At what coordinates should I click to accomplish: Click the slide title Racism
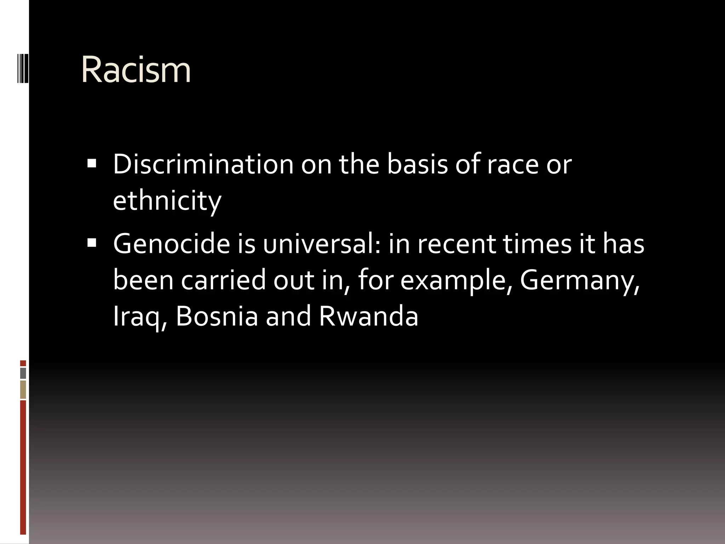click(136, 70)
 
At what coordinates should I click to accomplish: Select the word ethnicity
click(167, 200)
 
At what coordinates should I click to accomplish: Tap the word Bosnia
click(217, 316)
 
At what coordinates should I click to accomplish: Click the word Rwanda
click(369, 316)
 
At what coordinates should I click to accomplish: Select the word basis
click(417, 164)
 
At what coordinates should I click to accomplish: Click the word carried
click(223, 280)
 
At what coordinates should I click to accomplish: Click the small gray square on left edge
click(23, 373)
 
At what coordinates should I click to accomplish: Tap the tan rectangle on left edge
click(23, 390)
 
